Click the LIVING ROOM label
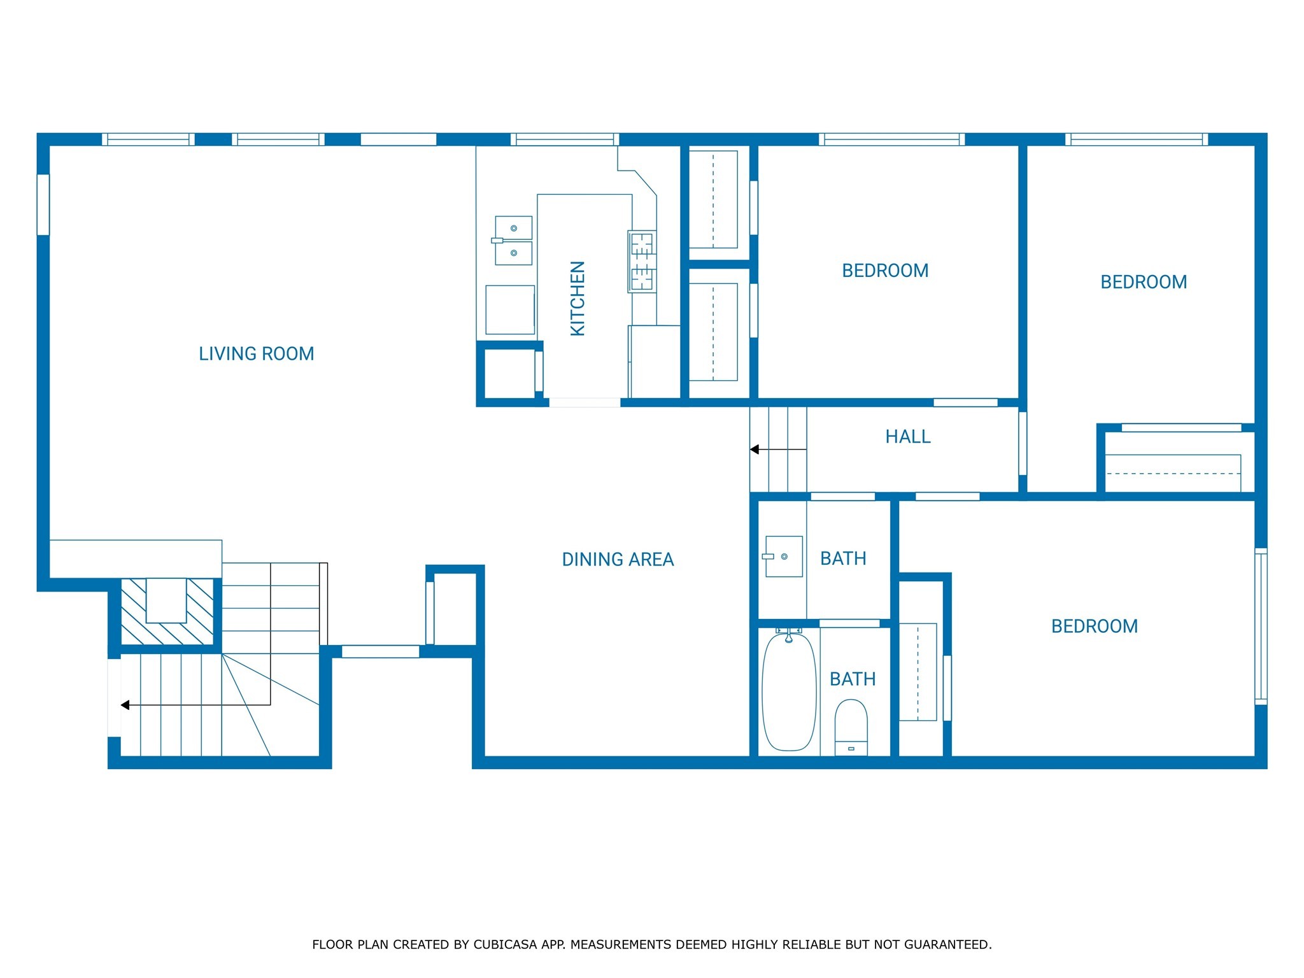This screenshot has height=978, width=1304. point(256,354)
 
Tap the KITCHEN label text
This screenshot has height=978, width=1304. point(578,298)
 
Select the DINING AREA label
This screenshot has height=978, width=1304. point(618,560)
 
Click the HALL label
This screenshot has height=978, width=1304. point(908,437)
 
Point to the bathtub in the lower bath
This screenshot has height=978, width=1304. point(789,692)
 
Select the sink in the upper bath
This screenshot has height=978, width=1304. point(783,556)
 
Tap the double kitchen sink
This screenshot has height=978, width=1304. point(513,241)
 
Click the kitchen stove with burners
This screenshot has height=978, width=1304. point(642,262)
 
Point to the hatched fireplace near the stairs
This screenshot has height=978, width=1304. point(167,611)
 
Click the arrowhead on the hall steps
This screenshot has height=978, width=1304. point(755,450)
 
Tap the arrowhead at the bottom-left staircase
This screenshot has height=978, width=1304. point(125,705)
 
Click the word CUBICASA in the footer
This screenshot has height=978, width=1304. point(504,944)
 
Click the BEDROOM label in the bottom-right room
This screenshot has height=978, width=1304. point(1094,627)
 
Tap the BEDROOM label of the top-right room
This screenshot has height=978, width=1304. point(1144,282)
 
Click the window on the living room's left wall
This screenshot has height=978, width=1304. point(43,204)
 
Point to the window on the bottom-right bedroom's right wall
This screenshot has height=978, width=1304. point(1261,627)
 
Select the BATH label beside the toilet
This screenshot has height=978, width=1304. point(853,679)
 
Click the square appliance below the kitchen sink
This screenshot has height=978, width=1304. point(510,310)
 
